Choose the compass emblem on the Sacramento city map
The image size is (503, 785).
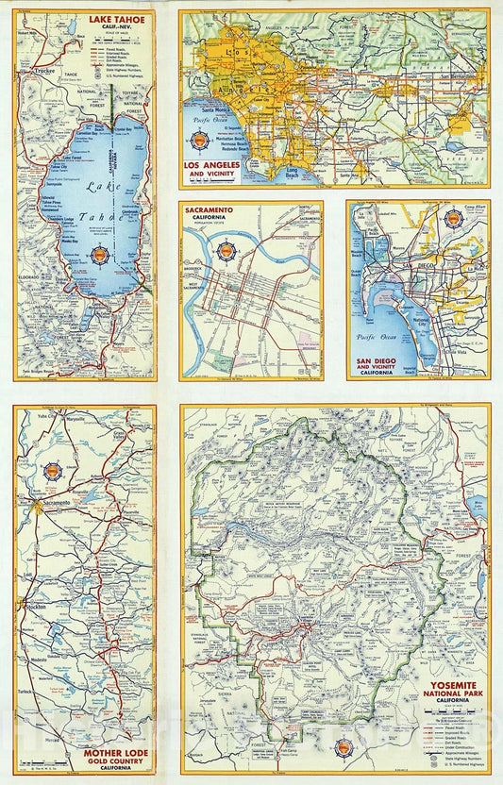(x=226, y=252)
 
